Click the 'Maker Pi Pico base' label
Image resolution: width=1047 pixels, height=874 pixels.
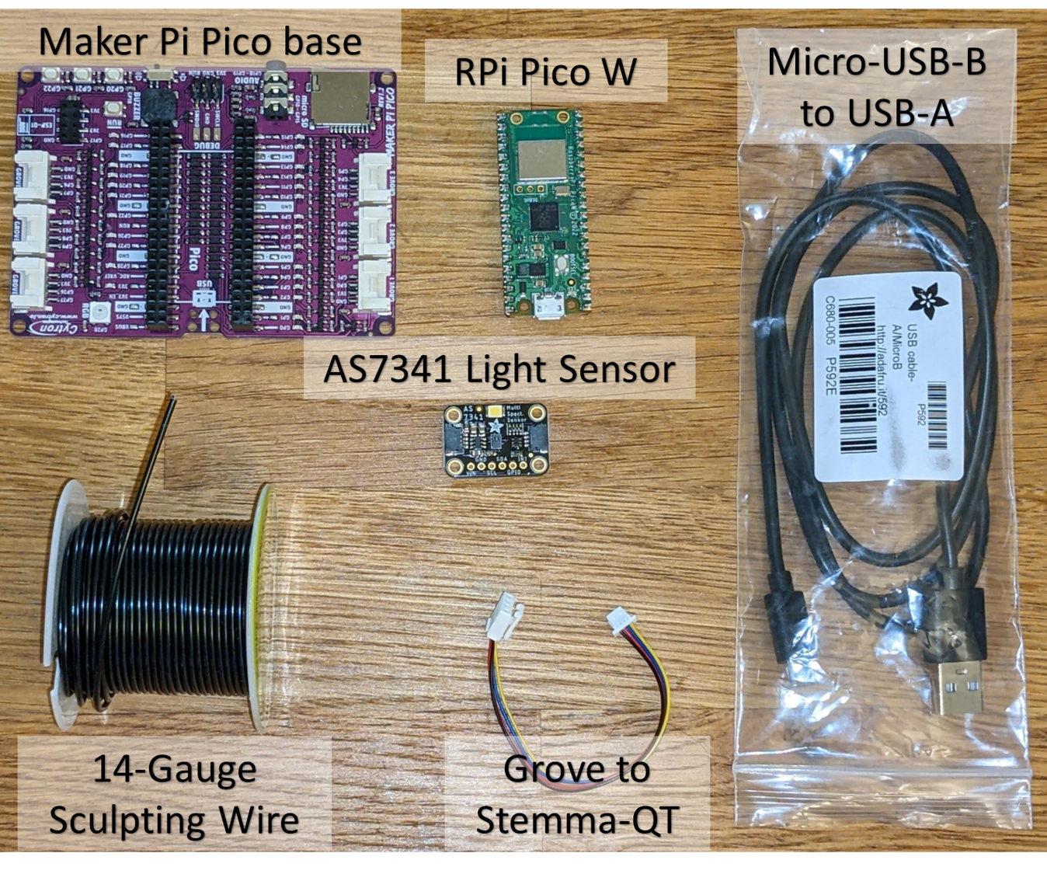click(x=200, y=41)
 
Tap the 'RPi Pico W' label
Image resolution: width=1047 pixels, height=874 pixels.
click(x=545, y=71)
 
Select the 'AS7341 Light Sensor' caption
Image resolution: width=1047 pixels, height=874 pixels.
click(x=499, y=368)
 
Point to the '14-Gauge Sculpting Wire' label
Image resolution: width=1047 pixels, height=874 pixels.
click(x=174, y=794)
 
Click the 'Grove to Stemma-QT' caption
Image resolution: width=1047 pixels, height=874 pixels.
click(x=577, y=794)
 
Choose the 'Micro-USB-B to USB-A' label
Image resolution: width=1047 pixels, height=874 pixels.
click(x=877, y=87)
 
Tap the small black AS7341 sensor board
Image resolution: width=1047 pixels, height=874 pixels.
click(x=496, y=439)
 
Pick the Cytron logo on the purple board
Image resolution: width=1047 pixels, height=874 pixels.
click(x=54, y=327)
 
